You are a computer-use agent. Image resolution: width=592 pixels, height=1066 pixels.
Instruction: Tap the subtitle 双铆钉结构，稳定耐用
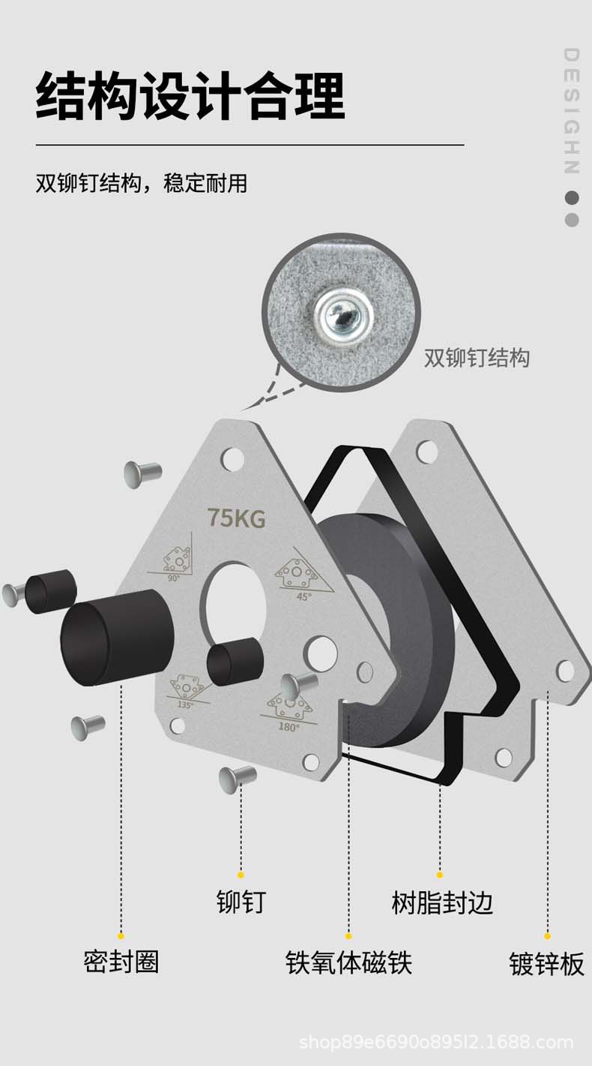pyautogui.click(x=142, y=183)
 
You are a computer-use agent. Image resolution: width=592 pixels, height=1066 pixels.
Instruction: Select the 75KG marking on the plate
pyautogui.click(x=236, y=518)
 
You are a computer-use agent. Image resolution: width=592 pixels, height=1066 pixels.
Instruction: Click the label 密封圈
pyautogui.click(x=121, y=961)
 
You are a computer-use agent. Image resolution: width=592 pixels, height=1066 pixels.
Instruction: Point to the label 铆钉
pyautogui.click(x=241, y=902)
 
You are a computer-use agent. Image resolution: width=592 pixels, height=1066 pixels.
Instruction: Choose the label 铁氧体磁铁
pyautogui.click(x=348, y=962)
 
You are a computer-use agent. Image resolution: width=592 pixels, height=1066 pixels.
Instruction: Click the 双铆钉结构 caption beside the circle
pyautogui.click(x=477, y=358)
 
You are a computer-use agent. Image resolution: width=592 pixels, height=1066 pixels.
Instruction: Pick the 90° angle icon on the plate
pyautogui.click(x=176, y=560)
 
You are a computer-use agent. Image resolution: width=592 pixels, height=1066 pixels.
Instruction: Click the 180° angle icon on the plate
pyautogui.click(x=289, y=710)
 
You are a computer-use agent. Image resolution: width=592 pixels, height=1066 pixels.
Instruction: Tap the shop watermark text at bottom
pyautogui.click(x=436, y=1042)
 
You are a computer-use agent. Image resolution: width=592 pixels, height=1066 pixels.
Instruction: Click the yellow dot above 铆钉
pyautogui.click(x=241, y=875)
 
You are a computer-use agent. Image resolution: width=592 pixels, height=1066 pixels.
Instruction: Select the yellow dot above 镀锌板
pyautogui.click(x=547, y=935)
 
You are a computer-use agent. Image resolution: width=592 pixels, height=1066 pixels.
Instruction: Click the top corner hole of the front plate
pyautogui.click(x=233, y=457)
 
